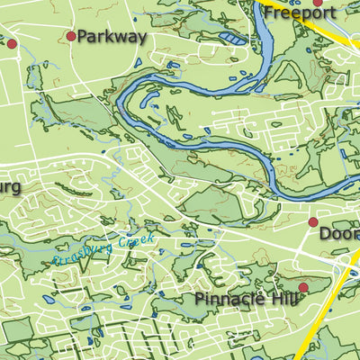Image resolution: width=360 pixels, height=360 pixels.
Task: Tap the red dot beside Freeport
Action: click(318, 3)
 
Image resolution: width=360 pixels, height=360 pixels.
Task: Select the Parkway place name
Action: click(112, 37)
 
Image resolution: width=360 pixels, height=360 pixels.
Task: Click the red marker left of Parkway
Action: click(71, 37)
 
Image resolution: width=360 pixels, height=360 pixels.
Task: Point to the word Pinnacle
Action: click(225, 299)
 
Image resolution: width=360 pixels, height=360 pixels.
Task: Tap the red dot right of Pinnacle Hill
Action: click(303, 287)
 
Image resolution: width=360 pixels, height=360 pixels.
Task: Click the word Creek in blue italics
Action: click(137, 241)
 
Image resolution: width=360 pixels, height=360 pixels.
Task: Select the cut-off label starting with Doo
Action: click(339, 233)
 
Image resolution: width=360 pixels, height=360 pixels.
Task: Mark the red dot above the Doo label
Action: click(313, 221)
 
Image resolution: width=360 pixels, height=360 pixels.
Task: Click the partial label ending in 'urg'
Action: click(10, 186)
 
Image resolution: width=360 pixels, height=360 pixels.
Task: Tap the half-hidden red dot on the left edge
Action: click(12, 43)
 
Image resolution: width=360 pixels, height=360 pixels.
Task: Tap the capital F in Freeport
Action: click(269, 14)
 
